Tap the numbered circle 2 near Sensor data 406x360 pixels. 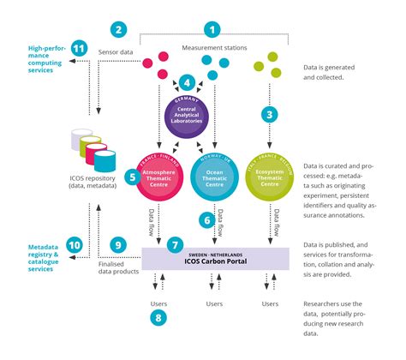pos(119,29)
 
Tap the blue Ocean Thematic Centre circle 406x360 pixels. pos(214,176)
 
